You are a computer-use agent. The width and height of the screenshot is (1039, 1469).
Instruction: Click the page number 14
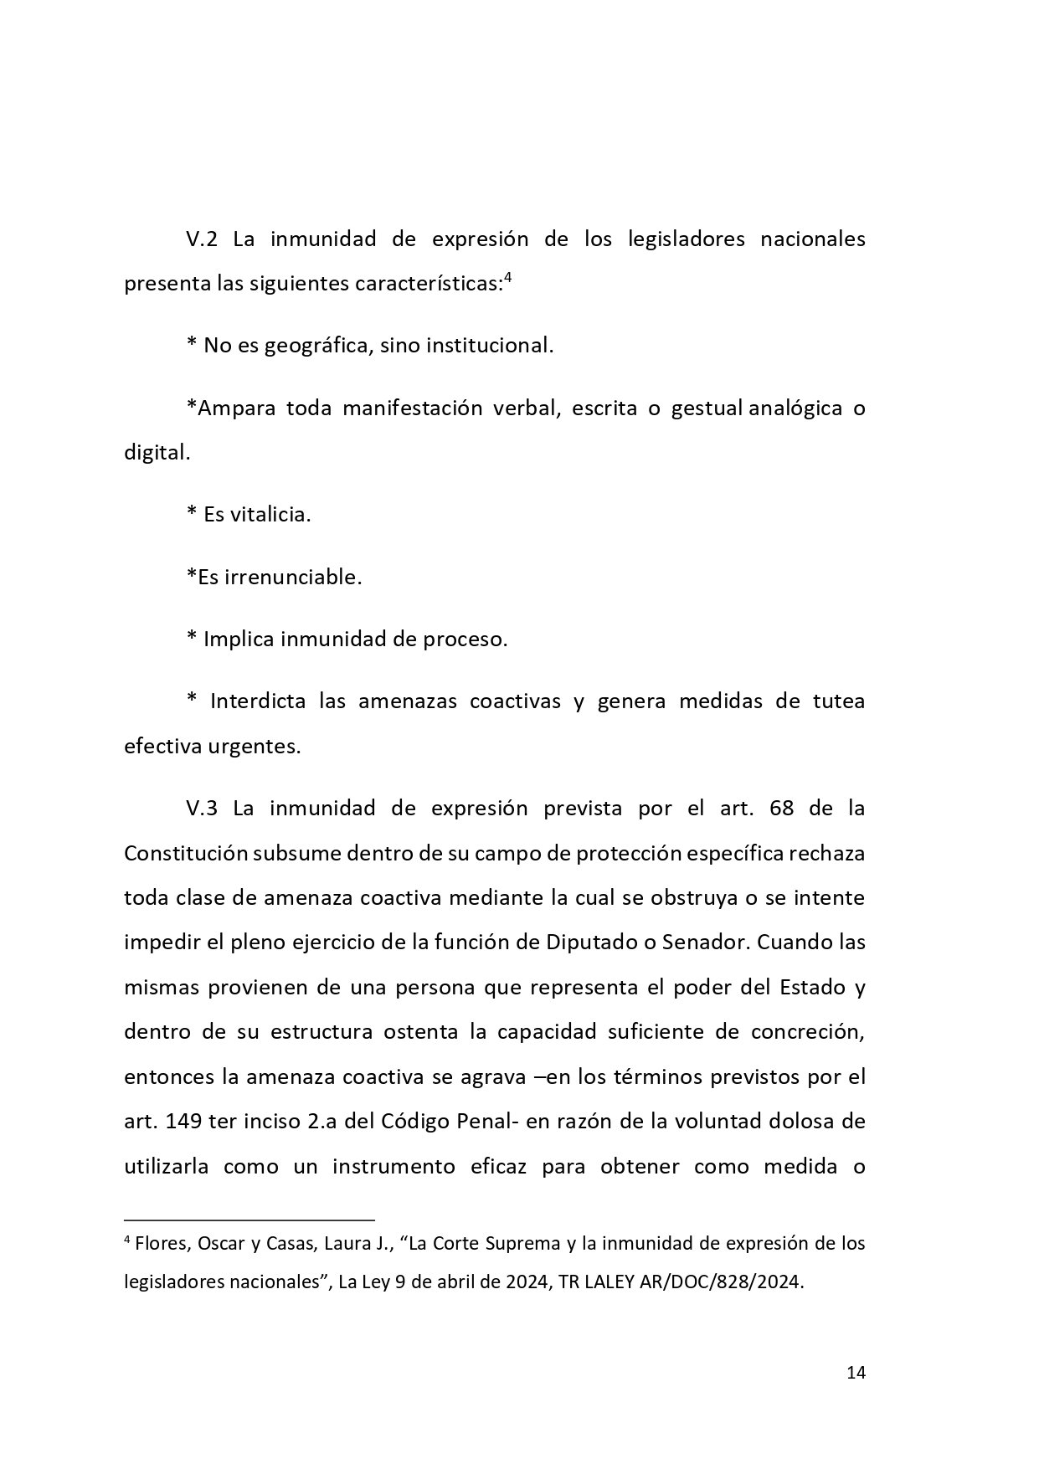[x=856, y=1373]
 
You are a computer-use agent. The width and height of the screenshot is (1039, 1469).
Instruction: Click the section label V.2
[x=202, y=239]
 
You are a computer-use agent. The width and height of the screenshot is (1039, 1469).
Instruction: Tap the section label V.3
[x=202, y=809]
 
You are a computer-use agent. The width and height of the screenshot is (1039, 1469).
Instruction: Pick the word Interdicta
[x=258, y=701]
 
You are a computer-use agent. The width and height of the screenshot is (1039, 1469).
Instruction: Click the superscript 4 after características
[x=507, y=279]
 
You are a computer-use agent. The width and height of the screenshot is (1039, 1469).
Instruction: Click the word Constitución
[x=185, y=853]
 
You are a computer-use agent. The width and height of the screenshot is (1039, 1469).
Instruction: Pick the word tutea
[x=838, y=701]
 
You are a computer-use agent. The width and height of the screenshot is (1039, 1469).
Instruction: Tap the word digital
[x=157, y=453]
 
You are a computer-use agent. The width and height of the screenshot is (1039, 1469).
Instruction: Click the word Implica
[x=239, y=639]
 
